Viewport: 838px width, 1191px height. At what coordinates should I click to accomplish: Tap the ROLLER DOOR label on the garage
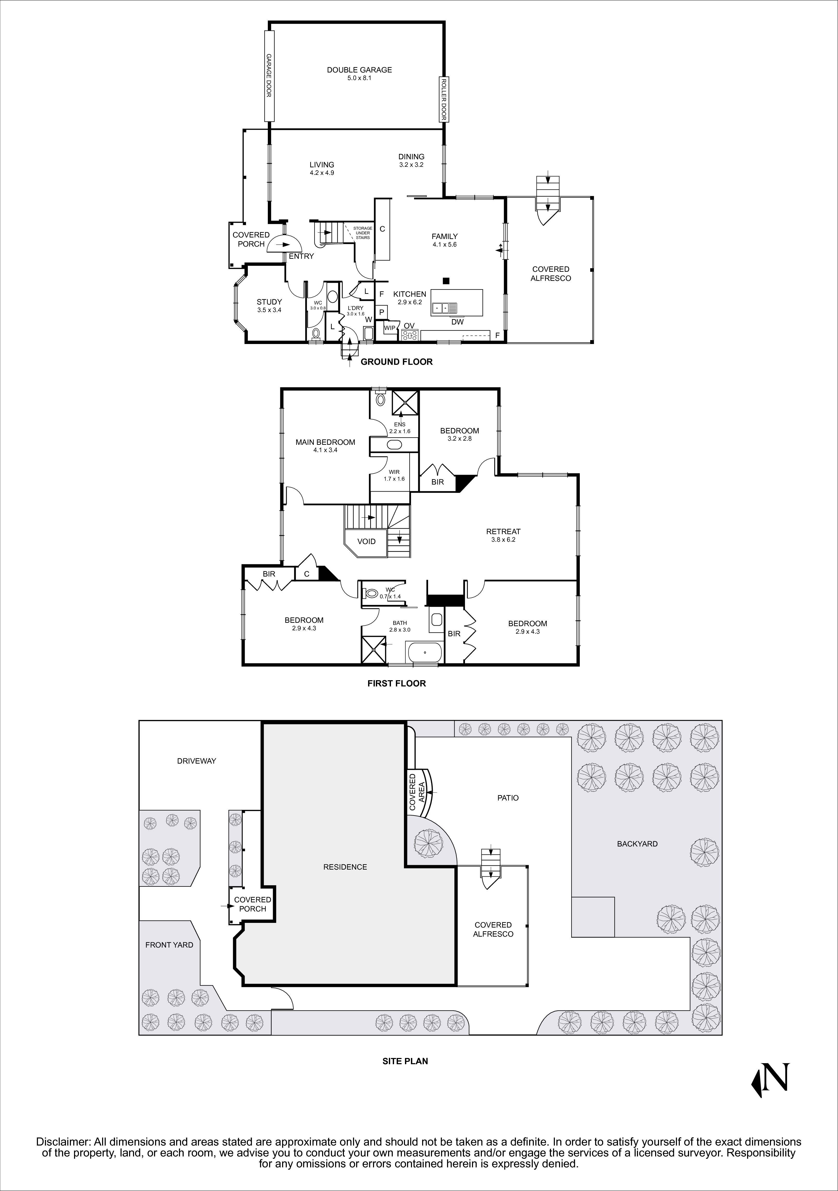tap(443, 99)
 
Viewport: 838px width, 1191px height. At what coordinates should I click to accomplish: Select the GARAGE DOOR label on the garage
tap(269, 76)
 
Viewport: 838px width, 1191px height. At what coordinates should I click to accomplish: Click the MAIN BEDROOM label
tap(325, 442)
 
